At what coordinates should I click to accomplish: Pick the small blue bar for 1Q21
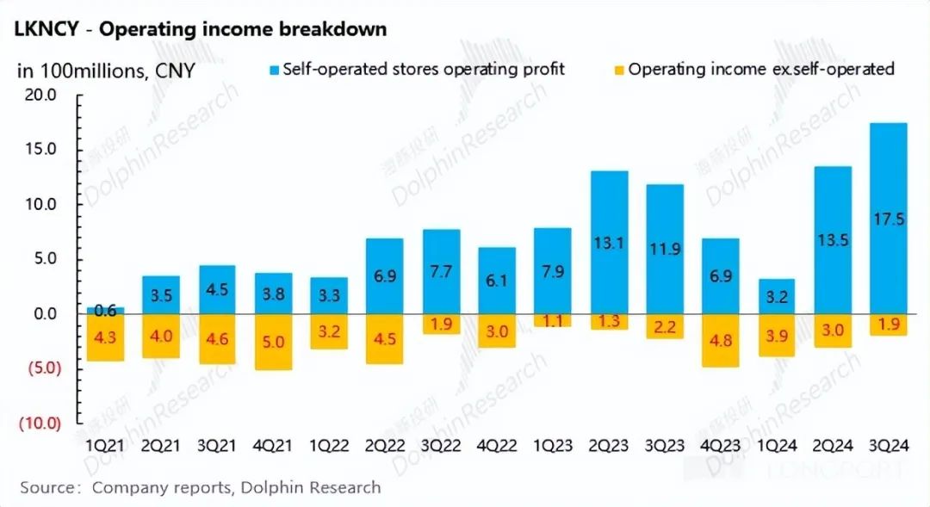pos(105,310)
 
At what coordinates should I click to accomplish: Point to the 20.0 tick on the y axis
pos(39,96)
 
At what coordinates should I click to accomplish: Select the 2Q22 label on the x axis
pos(385,448)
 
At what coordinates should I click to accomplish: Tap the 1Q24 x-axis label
pos(777,448)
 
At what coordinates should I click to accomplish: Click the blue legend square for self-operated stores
pos(274,70)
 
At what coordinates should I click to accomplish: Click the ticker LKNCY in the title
pos(46,29)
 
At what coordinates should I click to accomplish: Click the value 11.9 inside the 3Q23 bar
pos(665,250)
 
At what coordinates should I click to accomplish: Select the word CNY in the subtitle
pos(175,71)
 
